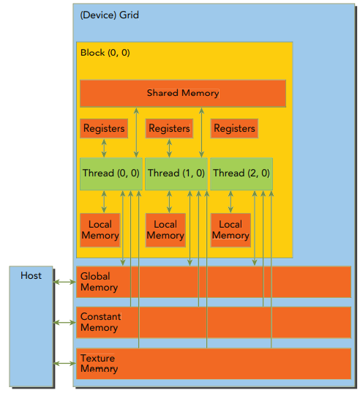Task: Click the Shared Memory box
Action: tap(182, 93)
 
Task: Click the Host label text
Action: tap(31, 276)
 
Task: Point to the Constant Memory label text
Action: tap(100, 322)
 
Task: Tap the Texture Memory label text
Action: tap(99, 364)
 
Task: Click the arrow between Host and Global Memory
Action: tap(64, 282)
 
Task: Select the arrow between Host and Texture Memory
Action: tap(64, 363)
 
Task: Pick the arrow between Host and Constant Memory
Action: tap(64, 322)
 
